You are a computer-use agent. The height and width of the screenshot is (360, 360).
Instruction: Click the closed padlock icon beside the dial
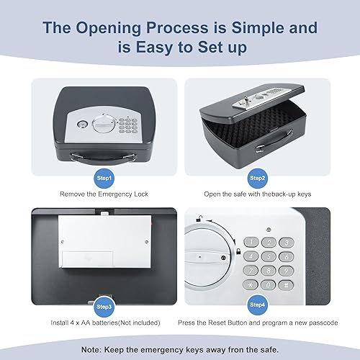point(238,250)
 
